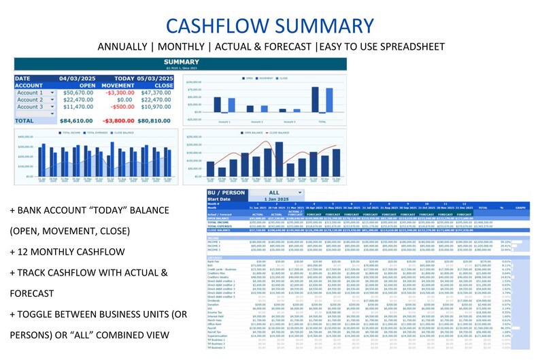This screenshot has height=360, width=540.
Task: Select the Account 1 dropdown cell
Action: click(x=36, y=93)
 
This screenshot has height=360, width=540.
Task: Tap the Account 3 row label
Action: click(x=30, y=107)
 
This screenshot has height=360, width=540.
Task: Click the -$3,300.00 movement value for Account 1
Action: click(x=120, y=93)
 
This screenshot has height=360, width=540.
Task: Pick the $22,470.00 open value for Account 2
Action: click(x=76, y=100)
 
